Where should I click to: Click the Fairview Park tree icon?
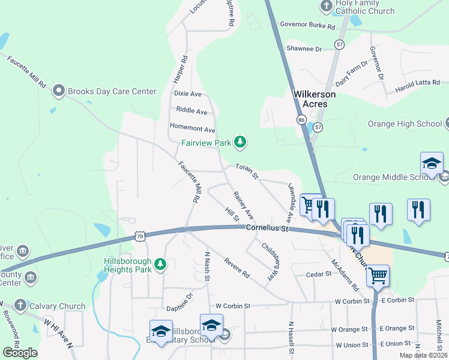(240, 142)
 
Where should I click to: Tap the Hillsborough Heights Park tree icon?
(160, 264)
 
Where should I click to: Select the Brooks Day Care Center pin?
(59, 91)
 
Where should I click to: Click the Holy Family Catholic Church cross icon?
(326, 7)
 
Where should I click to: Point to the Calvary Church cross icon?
(19, 306)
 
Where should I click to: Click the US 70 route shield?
(140, 236)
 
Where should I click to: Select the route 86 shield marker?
(301, 120)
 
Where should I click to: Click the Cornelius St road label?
(267, 229)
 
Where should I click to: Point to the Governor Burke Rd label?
(306, 25)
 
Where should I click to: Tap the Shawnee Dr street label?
(304, 48)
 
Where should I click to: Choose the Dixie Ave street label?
(187, 94)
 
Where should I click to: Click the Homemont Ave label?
(192, 127)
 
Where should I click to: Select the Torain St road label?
(246, 172)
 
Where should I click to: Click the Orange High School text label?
(406, 124)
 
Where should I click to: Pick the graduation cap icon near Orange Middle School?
(432, 163)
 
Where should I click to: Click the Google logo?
(20, 353)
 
